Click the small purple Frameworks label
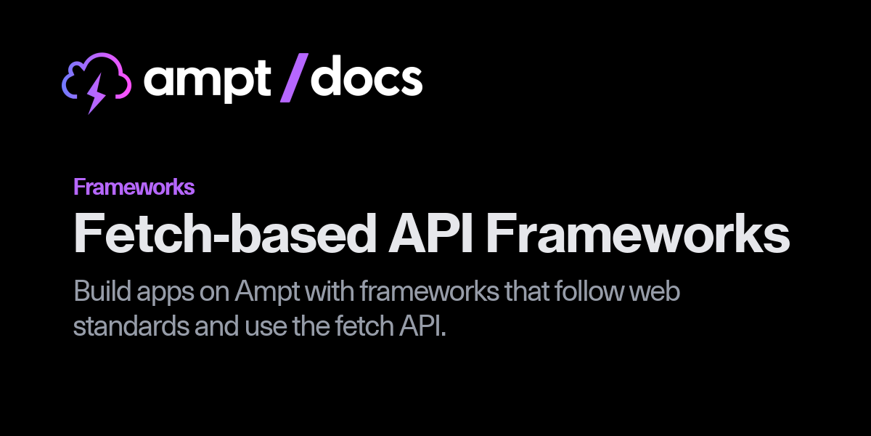pyautogui.click(x=134, y=187)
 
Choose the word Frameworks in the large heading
pyautogui.click(x=637, y=233)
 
